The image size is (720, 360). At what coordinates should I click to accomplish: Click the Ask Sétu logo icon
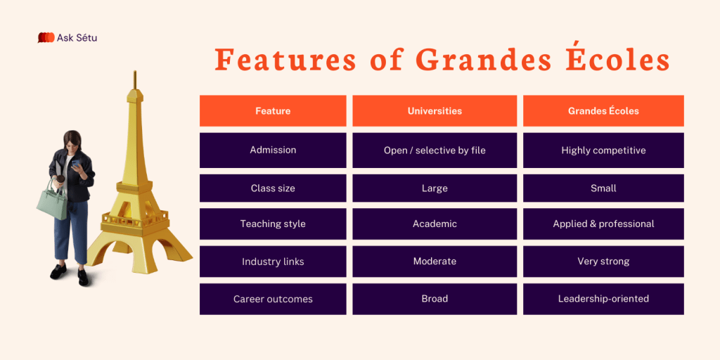click(46, 38)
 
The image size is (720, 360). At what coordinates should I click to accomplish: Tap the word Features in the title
click(285, 60)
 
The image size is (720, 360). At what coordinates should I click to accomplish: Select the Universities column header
click(435, 110)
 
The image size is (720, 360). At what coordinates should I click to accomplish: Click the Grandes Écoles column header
click(603, 110)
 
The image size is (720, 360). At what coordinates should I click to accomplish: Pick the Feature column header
click(273, 110)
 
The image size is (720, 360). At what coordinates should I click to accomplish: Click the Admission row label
click(273, 150)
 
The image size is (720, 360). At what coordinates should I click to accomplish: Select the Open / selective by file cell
click(435, 150)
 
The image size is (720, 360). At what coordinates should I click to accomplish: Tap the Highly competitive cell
click(603, 150)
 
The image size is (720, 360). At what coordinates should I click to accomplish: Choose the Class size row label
click(273, 188)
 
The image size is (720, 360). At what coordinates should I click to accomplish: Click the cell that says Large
click(435, 188)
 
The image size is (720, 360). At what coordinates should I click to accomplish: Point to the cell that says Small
click(603, 188)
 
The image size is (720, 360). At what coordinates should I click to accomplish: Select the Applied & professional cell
click(603, 224)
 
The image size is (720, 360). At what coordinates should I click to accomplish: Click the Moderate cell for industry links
click(435, 262)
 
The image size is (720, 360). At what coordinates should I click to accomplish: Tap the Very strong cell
click(603, 262)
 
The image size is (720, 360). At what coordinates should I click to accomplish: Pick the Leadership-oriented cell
click(603, 299)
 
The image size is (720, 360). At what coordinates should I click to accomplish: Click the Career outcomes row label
click(273, 299)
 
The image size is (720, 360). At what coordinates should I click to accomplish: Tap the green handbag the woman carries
click(52, 201)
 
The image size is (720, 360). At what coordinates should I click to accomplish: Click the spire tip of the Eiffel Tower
click(135, 71)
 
